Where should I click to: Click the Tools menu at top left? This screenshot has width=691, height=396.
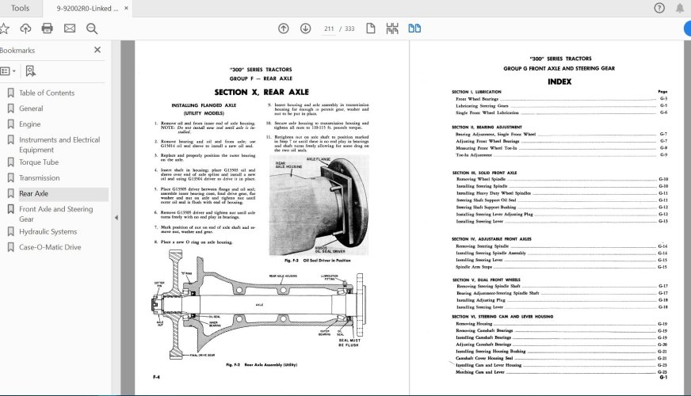(x=21, y=8)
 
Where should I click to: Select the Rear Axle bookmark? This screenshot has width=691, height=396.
(x=33, y=193)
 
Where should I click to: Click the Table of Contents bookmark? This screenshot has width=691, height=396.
(x=47, y=93)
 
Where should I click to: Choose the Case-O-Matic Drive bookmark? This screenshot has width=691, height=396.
(x=50, y=247)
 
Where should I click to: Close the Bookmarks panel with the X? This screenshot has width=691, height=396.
(x=97, y=50)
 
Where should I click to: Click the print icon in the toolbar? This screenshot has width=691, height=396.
(x=48, y=29)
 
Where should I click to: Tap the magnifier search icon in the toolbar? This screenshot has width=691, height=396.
(x=92, y=29)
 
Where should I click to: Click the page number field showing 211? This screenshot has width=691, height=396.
(x=329, y=29)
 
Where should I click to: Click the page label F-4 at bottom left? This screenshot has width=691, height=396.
(x=146, y=376)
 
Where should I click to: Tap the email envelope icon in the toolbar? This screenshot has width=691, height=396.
(x=70, y=29)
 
